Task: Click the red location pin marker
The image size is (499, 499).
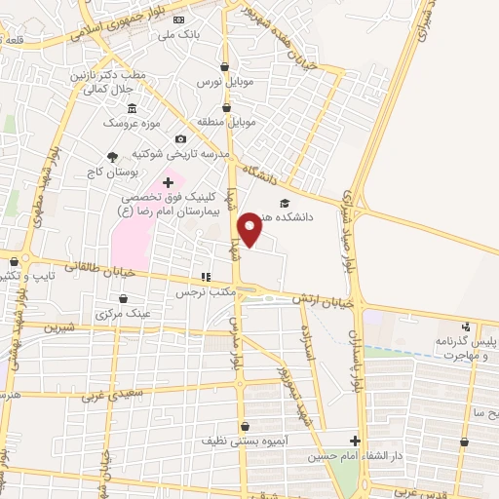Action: point(250,229)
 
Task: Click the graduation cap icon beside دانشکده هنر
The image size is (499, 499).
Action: point(284,203)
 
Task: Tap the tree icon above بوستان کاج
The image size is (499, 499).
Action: point(112,155)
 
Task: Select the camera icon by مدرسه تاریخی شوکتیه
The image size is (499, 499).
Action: point(180,139)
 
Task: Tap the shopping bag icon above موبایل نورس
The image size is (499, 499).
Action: point(227,67)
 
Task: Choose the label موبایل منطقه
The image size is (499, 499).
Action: point(228,124)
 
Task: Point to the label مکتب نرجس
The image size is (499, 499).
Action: point(208,291)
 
